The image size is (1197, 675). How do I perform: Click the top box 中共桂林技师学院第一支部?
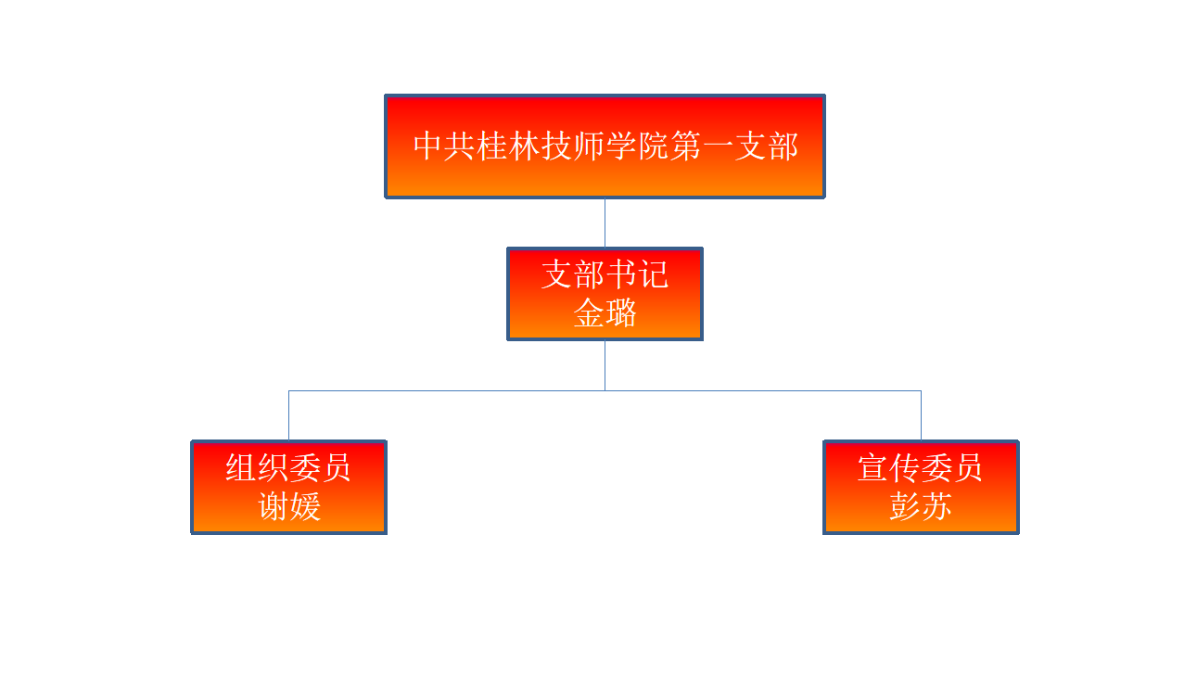(605, 146)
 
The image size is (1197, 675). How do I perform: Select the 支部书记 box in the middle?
(605, 293)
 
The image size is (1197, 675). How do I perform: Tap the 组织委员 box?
(289, 487)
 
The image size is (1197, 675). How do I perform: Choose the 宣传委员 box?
(922, 487)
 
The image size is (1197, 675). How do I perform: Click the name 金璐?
(605, 312)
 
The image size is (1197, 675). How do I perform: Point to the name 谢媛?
(289, 506)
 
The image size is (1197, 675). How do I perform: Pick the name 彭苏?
(921, 506)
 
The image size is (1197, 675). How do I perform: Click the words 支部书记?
(605, 274)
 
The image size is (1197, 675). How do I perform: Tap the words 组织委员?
(288, 467)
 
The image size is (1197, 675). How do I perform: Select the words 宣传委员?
(920, 467)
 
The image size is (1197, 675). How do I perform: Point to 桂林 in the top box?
(509, 146)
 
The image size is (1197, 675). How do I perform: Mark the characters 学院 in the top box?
(637, 146)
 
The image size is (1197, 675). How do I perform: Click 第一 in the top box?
(702, 146)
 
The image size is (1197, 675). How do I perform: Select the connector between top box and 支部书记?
(605, 223)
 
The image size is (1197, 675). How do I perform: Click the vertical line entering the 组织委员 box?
(289, 415)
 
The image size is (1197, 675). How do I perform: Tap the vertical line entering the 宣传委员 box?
(922, 415)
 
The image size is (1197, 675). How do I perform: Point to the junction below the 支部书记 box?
(605, 390)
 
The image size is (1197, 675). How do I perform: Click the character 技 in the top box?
(557, 146)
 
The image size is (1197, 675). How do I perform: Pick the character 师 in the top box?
(589, 146)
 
